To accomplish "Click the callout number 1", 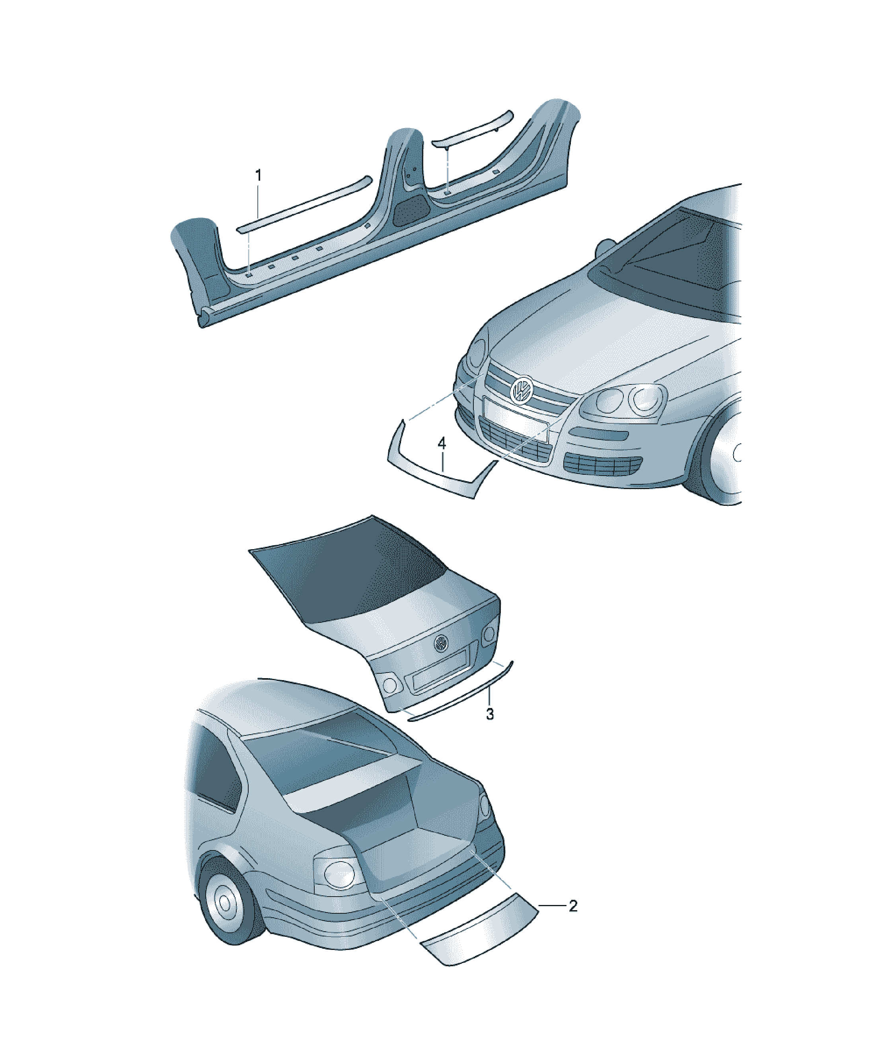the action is (x=258, y=176).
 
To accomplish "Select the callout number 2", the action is (x=572, y=906).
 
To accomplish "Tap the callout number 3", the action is (x=490, y=714).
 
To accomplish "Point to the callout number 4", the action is (x=442, y=443).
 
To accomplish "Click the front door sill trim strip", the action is (x=304, y=203).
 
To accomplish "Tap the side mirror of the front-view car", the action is (x=607, y=248).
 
